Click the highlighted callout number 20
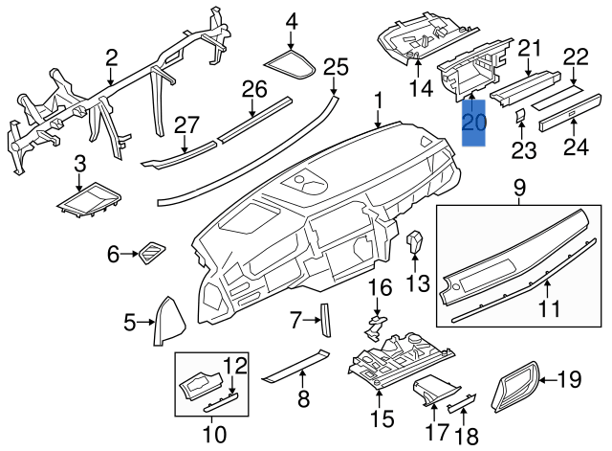click(473, 124)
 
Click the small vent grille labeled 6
click(151, 254)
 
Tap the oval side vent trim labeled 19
click(517, 388)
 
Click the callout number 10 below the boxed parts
click(214, 435)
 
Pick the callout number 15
click(382, 418)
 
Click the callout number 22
click(575, 56)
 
